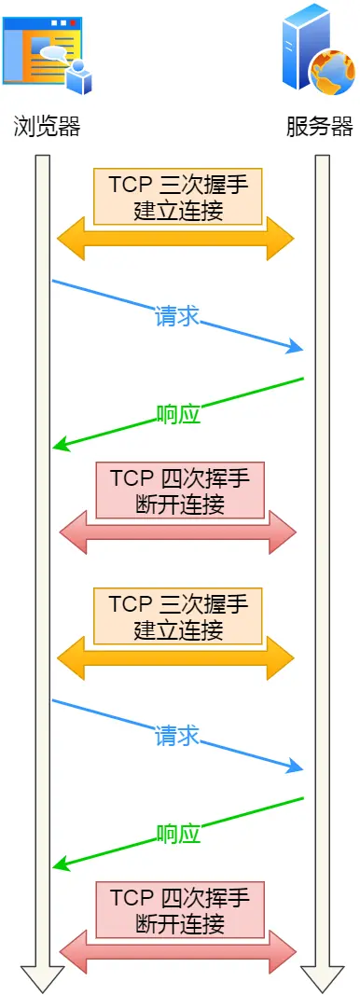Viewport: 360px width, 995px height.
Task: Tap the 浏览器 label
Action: pos(48,127)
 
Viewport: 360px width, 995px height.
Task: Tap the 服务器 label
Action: pos(320,127)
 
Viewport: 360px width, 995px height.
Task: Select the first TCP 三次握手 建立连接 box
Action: pos(178,196)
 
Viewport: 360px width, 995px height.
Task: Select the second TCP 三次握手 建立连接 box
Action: pos(178,615)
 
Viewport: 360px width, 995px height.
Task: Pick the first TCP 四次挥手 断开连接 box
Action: pos(180,491)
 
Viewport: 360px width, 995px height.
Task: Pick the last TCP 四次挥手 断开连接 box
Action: pos(180,910)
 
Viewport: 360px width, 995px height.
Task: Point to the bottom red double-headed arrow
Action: pos(177,952)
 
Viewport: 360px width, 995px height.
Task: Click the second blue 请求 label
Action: pos(177,735)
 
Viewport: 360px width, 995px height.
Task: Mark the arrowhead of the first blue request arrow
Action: pos(297,349)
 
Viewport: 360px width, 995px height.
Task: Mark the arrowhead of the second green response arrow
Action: pos(61,865)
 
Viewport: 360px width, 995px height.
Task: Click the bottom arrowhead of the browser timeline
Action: pos(42,979)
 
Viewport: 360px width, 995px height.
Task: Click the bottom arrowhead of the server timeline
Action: pos(323,979)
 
